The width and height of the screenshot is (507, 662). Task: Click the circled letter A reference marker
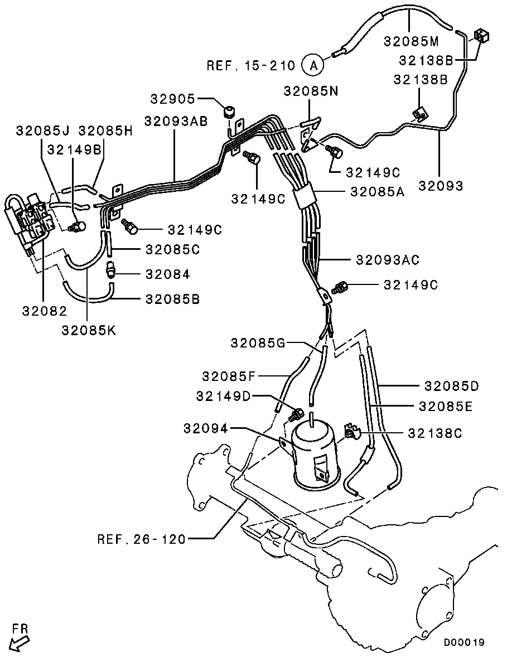(313, 66)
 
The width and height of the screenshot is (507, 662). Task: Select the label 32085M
(411, 41)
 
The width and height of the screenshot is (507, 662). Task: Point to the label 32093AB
(176, 121)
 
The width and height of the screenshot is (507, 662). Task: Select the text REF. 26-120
(142, 539)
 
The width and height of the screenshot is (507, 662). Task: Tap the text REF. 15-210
(250, 66)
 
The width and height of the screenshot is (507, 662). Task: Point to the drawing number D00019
(464, 642)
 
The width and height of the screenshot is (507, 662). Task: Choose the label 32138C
(434, 433)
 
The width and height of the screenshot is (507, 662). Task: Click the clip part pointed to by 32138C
(351, 432)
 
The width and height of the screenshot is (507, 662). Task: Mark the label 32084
(167, 274)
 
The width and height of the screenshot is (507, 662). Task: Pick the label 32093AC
(388, 260)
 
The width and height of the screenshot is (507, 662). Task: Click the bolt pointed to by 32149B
(76, 226)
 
